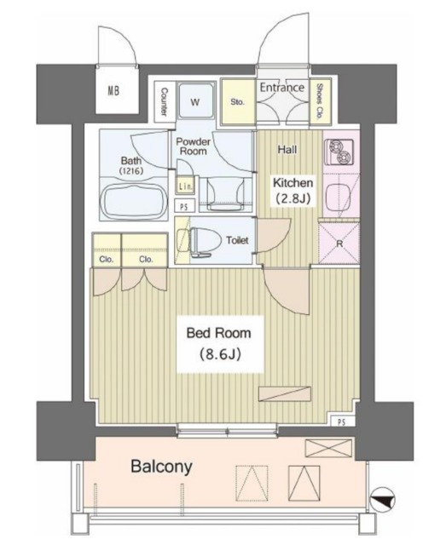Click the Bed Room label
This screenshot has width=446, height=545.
tap(218, 333)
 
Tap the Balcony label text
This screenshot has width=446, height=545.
tap(161, 467)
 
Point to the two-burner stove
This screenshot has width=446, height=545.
tap(339, 152)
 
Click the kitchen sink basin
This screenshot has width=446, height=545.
tap(338, 197)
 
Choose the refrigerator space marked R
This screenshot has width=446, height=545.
tap(339, 243)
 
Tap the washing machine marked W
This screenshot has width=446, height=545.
tap(195, 102)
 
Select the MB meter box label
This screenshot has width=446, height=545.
tap(113, 91)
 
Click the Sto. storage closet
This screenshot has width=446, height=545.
tap(238, 102)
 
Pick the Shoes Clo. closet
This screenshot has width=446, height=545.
tap(319, 101)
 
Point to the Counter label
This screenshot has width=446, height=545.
tap(164, 101)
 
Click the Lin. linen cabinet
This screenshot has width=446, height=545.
tap(186, 186)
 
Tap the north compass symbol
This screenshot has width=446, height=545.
tap(382, 500)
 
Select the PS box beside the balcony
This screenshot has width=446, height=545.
tap(342, 422)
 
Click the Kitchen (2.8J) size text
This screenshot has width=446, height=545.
tap(293, 198)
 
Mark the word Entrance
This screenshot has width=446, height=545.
tap(282, 87)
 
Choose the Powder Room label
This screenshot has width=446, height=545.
tap(194, 146)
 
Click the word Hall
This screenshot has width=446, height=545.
tap(287, 150)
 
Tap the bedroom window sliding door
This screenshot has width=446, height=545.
tap(228, 430)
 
